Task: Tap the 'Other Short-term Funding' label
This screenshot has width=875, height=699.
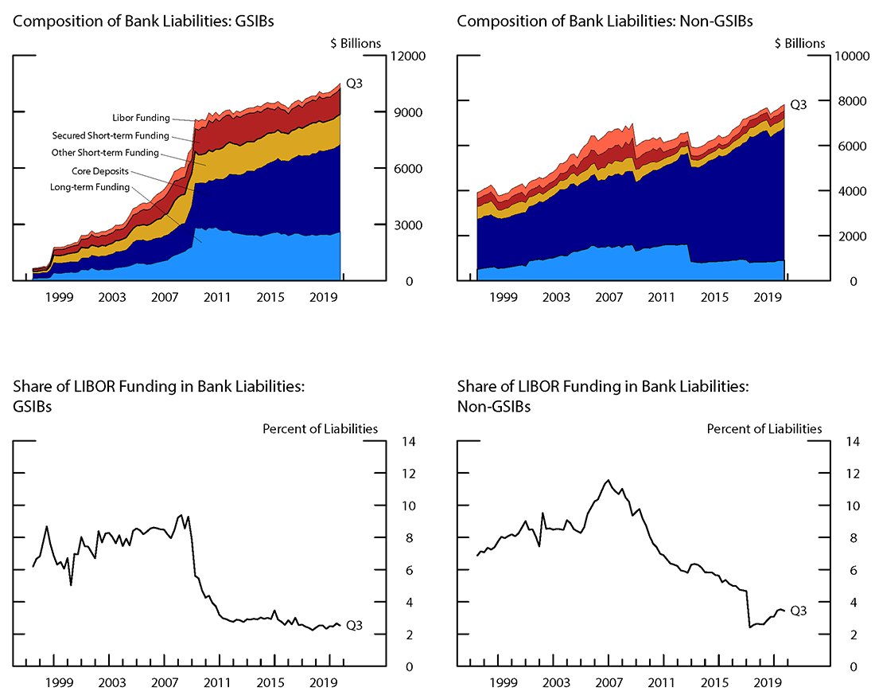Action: pos(105,153)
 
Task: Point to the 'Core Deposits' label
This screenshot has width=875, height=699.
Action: pos(100,170)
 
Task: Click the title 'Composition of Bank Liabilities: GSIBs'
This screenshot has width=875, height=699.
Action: pos(143,21)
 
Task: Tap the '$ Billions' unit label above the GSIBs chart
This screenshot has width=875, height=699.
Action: pos(356,43)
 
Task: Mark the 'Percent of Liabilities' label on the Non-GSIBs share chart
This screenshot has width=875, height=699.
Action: pos(764,428)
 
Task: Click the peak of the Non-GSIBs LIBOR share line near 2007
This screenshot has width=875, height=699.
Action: pos(609,480)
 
